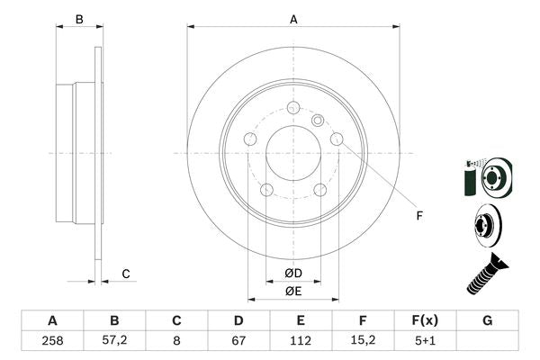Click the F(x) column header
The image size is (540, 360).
pos(425,320)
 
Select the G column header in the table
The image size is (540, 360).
pos(487,320)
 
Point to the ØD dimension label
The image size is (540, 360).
pos(293,273)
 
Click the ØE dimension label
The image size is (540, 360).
pos(293,291)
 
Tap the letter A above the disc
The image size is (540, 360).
pos(293,19)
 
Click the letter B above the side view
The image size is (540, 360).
pos(79,19)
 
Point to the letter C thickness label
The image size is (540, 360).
pos(126,274)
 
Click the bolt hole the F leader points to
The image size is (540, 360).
pos(337,139)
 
